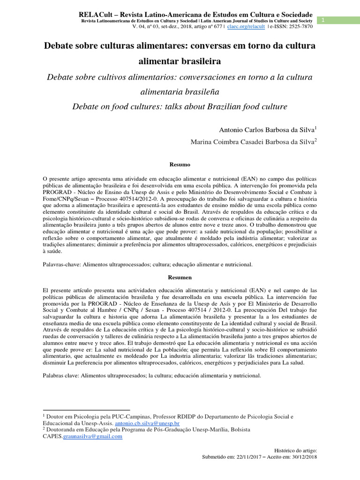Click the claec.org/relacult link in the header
tap(244, 27)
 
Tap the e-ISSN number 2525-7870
tap(298, 27)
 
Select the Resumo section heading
tap(180, 165)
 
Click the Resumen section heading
tap(180, 277)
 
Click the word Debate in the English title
tap(86, 106)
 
